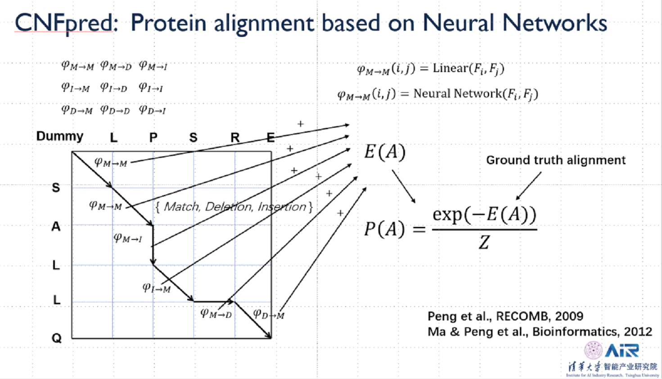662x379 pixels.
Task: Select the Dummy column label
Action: [x=60, y=136]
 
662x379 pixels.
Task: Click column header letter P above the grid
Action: [x=153, y=138]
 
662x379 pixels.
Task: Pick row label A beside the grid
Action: [x=56, y=226]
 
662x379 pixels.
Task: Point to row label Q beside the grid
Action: [x=56, y=338]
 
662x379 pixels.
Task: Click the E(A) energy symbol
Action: [x=384, y=152]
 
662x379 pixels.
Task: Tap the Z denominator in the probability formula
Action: [x=484, y=243]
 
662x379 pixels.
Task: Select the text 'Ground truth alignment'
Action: [x=556, y=160]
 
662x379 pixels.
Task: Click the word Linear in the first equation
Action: [x=450, y=68]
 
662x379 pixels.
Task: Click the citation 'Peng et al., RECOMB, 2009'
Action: [x=505, y=316]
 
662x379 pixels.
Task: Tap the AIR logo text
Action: [x=622, y=350]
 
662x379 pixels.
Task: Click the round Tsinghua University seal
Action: [x=593, y=350]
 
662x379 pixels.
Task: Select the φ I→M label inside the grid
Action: [x=157, y=288]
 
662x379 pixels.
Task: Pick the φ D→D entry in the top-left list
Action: [x=115, y=109]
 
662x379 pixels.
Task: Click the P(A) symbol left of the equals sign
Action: [x=384, y=229]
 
